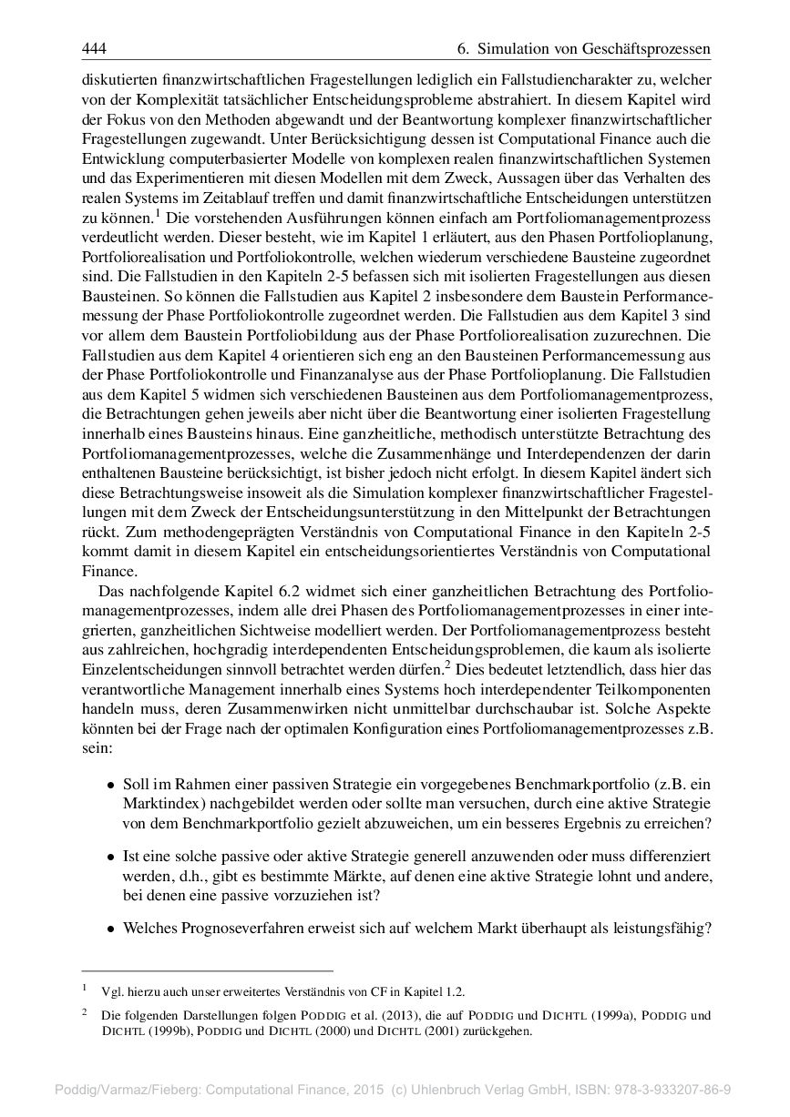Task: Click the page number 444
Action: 94,47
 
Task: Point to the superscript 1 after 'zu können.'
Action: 158,213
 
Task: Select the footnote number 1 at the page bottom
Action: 84,988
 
